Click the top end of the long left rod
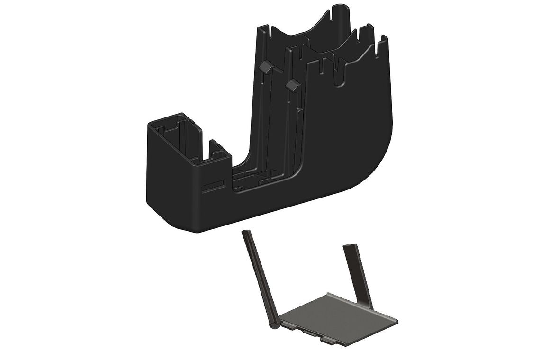(245, 233)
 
